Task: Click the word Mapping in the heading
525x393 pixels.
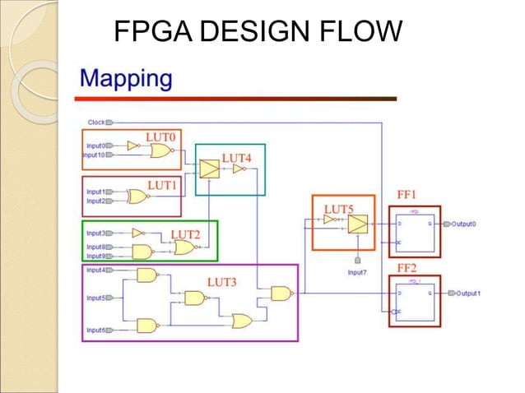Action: tap(126, 80)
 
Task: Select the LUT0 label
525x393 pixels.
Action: tap(161, 135)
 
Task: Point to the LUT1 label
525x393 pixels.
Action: tap(162, 185)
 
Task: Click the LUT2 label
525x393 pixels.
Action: tap(185, 234)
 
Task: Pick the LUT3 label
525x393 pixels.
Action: tap(222, 282)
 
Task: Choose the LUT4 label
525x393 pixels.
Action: tap(236, 157)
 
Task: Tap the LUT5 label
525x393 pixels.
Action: tap(339, 209)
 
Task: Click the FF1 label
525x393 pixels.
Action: tap(408, 195)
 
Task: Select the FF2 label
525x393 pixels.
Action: tap(408, 269)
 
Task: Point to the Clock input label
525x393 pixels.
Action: tap(96, 123)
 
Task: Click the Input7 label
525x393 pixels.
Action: tap(358, 272)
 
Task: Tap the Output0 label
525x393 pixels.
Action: tap(465, 224)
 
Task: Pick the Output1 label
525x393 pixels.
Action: tap(468, 294)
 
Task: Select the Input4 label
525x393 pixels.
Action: tap(95, 270)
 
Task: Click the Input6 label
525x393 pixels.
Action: tap(95, 330)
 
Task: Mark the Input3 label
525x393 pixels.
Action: tap(95, 233)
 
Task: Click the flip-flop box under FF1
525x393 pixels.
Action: tap(415, 232)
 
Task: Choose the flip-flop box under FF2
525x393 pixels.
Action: tap(415, 301)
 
